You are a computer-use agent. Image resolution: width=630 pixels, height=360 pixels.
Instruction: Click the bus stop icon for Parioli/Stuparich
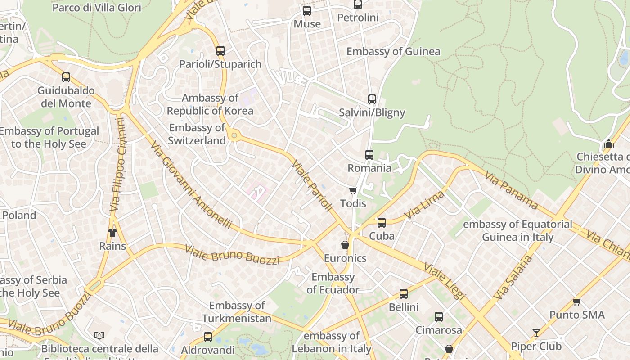point(220,51)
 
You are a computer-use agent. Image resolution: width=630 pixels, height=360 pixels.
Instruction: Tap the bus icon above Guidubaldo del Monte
point(66,77)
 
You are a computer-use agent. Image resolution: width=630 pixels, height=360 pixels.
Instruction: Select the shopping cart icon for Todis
point(353,191)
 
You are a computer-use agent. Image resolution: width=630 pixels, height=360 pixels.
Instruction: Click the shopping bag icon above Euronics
point(345,245)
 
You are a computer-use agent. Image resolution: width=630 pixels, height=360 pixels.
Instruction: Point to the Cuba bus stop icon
point(382,222)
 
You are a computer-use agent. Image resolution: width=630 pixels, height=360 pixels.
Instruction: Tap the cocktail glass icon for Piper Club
point(536,333)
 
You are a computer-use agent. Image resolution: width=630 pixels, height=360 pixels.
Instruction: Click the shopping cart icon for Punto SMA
point(577,301)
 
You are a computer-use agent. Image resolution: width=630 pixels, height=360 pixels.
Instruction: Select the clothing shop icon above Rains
point(112,233)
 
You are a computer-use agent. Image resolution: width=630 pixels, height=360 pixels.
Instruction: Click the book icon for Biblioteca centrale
point(99,335)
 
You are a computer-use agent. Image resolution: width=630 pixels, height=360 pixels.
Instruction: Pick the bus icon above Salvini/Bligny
point(372,99)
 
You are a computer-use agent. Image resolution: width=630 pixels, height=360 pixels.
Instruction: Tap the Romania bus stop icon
point(369,155)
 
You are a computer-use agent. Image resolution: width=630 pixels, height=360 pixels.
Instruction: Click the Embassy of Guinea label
point(393,51)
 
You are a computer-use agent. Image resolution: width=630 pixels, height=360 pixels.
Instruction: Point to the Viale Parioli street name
point(312,185)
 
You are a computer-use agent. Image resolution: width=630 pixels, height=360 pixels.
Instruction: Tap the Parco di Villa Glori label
point(97,8)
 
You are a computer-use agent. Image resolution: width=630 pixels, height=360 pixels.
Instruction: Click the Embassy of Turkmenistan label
point(237,312)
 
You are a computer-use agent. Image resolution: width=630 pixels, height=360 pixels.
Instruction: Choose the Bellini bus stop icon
point(404,294)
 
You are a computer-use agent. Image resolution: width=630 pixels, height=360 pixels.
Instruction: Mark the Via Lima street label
point(424,205)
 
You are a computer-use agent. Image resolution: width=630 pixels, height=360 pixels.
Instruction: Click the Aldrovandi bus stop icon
point(208,337)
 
